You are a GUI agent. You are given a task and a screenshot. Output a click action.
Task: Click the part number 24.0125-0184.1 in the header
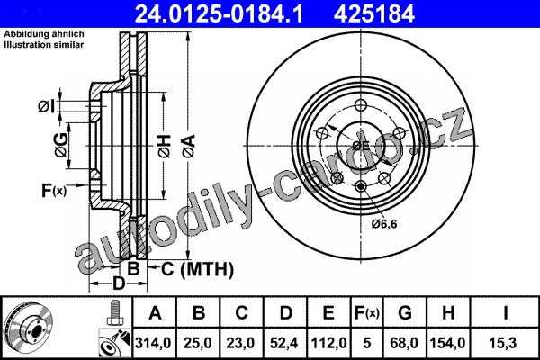click(219, 14)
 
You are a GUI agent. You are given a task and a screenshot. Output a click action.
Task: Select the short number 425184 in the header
click(373, 14)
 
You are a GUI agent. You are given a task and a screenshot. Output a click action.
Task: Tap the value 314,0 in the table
click(153, 343)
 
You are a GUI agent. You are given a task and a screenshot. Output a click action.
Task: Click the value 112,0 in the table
click(328, 343)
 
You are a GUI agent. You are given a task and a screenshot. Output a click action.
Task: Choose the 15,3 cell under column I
click(505, 343)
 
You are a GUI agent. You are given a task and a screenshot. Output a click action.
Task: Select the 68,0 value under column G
click(404, 343)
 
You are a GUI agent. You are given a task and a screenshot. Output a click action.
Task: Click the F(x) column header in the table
click(367, 313)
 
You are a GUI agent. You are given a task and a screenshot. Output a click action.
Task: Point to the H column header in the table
click(448, 313)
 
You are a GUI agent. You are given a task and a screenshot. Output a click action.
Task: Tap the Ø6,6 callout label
click(384, 224)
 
